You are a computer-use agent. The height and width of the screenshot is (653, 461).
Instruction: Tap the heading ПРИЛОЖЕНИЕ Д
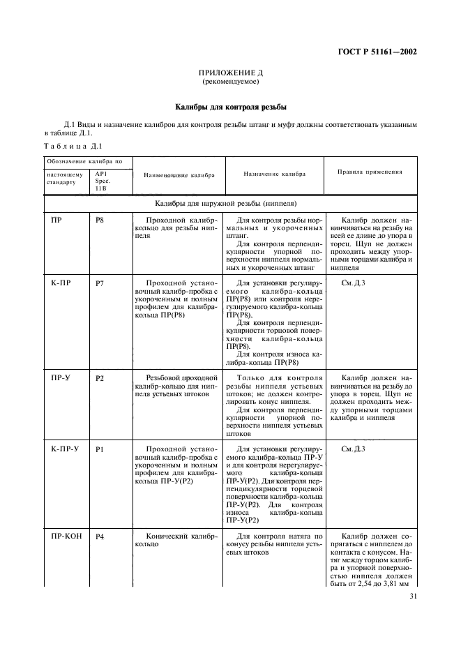point(230,73)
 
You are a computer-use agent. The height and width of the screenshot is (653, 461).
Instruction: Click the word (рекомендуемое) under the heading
point(230,82)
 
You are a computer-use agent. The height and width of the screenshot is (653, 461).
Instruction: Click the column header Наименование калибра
point(179,177)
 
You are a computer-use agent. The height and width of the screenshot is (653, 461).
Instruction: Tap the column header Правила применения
point(370,171)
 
